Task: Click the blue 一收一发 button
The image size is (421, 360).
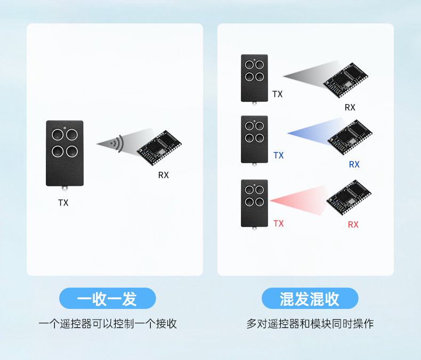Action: point(107,298)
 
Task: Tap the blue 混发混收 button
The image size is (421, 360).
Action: point(310,298)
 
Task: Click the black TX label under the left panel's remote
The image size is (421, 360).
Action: point(63,203)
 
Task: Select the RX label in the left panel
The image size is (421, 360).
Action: point(163,175)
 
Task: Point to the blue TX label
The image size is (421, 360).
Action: point(279,156)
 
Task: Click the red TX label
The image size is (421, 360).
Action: point(279,224)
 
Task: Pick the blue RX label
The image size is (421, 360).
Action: point(354,165)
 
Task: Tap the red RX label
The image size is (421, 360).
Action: point(353,225)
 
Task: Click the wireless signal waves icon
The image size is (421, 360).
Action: point(117,143)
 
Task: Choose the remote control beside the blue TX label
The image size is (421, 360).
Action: point(254,139)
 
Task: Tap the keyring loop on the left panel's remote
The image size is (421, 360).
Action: point(65,188)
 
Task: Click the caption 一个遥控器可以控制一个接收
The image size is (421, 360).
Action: point(107,324)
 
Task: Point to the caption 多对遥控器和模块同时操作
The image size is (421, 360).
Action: point(310,324)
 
